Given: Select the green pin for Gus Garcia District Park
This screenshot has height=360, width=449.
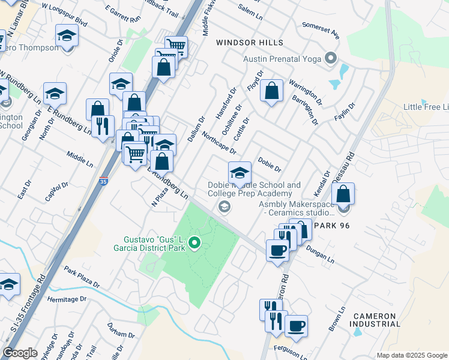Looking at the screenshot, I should coord(194,243).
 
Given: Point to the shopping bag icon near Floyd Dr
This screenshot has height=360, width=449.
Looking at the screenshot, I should coord(272,92).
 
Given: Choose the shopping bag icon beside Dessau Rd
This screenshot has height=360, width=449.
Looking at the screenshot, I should coord(343,194).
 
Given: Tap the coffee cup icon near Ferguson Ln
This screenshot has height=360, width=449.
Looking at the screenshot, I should coord(296,326).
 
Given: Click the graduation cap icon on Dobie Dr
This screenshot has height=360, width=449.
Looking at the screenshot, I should coord(240,173).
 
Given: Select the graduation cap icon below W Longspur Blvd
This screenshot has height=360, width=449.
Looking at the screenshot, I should coord(67,36).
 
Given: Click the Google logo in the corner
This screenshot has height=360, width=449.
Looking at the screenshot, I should coord(20,353).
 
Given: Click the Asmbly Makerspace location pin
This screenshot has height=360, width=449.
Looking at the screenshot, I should coord(343,208).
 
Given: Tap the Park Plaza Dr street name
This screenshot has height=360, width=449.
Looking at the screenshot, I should coord(81,278).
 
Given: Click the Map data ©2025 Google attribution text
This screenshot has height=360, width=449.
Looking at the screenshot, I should coord(412,355).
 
